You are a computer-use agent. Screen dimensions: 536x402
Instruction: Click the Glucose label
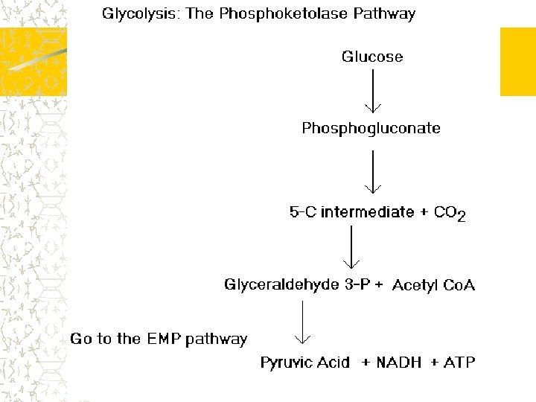pos(372,57)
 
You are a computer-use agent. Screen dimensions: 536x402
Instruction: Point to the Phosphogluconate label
pos(371,128)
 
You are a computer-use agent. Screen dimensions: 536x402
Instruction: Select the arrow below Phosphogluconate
pos(372,171)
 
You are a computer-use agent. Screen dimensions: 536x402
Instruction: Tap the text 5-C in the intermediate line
pos(303,212)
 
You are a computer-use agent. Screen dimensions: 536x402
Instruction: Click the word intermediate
pos(367,212)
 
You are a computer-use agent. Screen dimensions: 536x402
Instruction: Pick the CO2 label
pos(450,214)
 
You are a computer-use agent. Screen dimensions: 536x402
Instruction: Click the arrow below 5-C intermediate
pos(351,247)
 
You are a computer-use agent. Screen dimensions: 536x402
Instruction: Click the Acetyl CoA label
pos(433,285)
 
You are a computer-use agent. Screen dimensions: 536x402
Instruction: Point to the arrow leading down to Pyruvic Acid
pos(301,322)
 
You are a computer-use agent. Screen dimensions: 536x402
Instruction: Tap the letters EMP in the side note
pos(162,339)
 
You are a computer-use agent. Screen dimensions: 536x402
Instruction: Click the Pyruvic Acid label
pos(304,363)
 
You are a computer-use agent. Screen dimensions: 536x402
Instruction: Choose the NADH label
pos(399,363)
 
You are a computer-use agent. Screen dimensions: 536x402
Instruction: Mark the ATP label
pos(459,363)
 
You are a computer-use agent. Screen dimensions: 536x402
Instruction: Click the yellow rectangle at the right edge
pos(517,62)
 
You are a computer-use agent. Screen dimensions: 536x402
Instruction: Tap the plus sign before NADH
pos(366,363)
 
